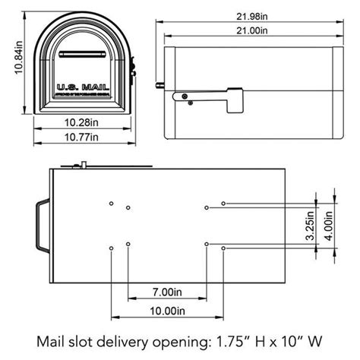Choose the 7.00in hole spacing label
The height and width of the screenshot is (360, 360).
coord(167,292)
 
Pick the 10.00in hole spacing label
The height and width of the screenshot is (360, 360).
coord(167,310)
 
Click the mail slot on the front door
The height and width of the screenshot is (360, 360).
coord(79,54)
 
